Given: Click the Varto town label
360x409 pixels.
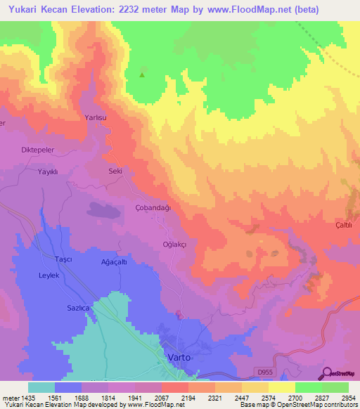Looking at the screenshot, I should pyautogui.click(x=179, y=358).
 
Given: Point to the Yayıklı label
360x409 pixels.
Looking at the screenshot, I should pyautogui.click(x=48, y=171).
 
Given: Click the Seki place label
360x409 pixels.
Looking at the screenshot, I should pyautogui.click(x=115, y=171).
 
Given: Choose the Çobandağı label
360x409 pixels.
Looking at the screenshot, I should pyautogui.click(x=153, y=208).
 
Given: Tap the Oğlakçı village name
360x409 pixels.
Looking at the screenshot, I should pyautogui.click(x=174, y=244).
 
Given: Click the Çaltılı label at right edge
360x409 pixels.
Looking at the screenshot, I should pyautogui.click(x=343, y=225).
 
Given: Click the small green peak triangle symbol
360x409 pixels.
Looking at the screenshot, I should pyautogui.click(x=143, y=74).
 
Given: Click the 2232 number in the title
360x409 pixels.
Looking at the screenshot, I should pyautogui.click(x=124, y=10).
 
